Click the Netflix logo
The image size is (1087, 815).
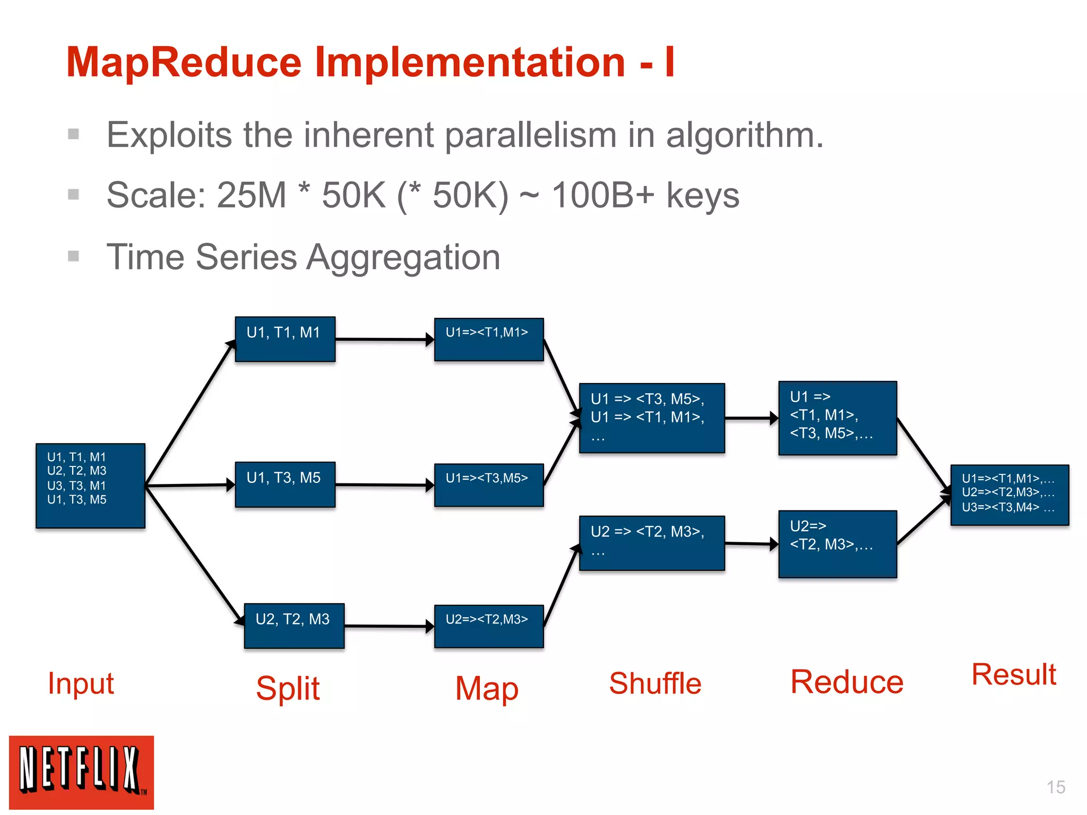(81, 772)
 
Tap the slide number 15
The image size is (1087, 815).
(1056, 787)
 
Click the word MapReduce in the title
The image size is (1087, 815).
(184, 62)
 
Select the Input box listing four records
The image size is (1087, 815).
(90, 485)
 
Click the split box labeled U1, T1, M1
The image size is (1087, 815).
(285, 339)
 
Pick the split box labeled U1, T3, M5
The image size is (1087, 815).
(285, 484)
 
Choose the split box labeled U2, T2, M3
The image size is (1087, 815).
(294, 626)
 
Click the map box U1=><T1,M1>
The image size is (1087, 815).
(488, 340)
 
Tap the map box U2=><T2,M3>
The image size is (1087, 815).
(488, 626)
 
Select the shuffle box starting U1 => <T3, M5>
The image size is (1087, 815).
(652, 418)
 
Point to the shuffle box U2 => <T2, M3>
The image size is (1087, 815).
(652, 543)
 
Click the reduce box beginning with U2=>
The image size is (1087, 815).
(837, 544)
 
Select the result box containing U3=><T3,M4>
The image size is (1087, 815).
(1009, 495)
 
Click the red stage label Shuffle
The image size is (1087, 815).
(655, 683)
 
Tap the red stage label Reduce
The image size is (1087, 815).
(847, 682)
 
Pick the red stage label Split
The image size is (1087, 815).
(288, 688)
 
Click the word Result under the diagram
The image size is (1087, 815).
(1013, 675)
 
